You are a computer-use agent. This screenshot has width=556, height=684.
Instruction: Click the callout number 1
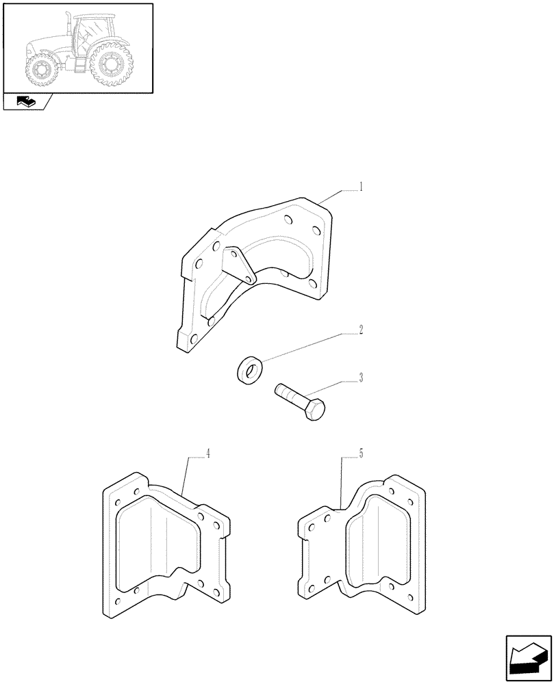point(361,187)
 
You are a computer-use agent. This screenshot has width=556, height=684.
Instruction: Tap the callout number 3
point(361,377)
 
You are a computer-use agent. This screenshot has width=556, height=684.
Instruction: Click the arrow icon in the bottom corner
point(528,655)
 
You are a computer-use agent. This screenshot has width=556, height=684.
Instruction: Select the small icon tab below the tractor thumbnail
point(25,103)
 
